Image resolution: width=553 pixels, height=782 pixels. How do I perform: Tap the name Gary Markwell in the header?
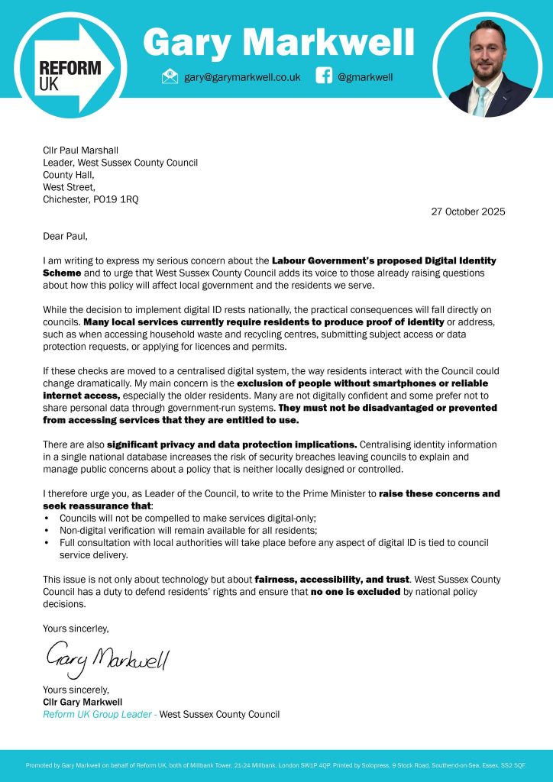[279, 42]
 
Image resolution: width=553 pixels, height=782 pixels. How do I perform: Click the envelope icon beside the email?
[170, 76]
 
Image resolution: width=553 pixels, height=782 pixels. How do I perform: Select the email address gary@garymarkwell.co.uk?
[241, 77]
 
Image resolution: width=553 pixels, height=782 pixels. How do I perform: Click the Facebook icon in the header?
[324, 76]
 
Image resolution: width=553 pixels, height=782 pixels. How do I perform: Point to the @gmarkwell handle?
[364, 77]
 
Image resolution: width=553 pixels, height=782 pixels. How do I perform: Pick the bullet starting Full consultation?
[267, 542]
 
